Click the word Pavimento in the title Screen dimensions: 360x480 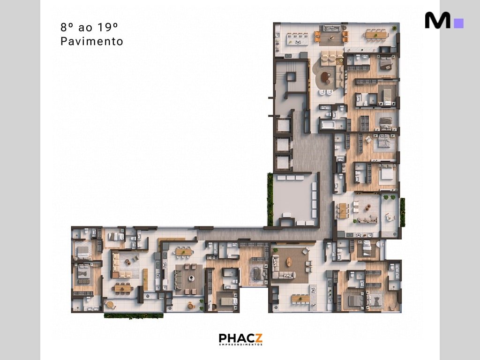coord(92,41)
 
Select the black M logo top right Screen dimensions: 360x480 coord(437,21)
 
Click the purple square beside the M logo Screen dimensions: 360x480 coord(459,23)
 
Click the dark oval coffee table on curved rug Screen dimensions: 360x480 coord(326,79)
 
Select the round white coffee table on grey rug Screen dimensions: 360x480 coord(191,278)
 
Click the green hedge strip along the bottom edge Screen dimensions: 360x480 coord(134,316)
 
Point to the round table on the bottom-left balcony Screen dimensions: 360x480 coord(110,305)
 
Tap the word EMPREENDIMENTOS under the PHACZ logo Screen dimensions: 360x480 coord(240,345)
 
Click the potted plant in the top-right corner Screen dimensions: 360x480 coord(394,29)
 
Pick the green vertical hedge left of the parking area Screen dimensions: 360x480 coord(270,199)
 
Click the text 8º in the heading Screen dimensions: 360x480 coord(67,27)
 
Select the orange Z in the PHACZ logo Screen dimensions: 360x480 coord(258,338)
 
